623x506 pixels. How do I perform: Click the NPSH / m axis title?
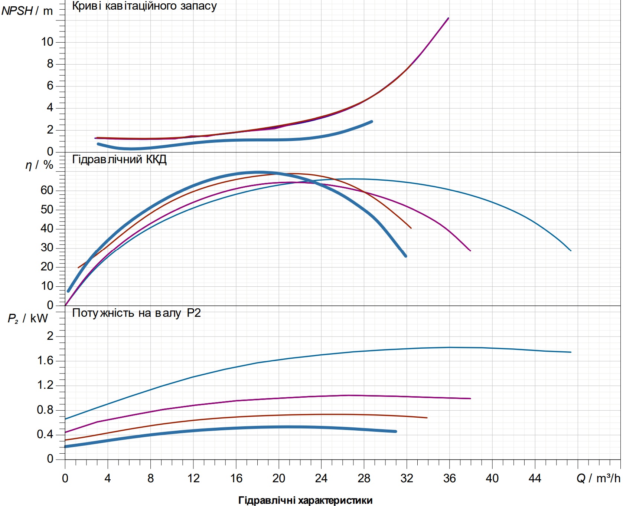pos(27,11)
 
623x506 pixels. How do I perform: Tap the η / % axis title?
pos(39,165)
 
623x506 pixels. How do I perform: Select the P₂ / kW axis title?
pos(28,318)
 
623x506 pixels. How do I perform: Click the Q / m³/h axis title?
pos(598,479)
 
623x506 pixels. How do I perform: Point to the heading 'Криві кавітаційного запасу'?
pos(144,6)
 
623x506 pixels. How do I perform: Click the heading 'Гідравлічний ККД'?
pos(119,160)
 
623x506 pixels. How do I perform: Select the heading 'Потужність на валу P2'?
pos(136,313)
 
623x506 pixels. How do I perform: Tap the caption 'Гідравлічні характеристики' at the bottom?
pos(305,500)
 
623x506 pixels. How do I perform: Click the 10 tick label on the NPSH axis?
pos(47,42)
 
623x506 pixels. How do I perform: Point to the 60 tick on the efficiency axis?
pos(47,190)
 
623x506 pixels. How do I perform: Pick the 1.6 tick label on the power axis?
pos(45,361)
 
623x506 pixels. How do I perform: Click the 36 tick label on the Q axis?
pos(449,479)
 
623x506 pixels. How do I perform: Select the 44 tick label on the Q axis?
pos(535,479)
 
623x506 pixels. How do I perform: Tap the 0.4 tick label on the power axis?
pos(45,434)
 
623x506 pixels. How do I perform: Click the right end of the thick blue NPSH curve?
pos(372,121)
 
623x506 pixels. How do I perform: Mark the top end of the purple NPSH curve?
pos(449,18)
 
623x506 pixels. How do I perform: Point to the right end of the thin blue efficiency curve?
pos(571,251)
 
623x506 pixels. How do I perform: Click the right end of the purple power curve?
pos(470,398)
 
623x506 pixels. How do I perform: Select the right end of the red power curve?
pos(427,418)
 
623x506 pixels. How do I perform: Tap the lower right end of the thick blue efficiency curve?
pos(405,256)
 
